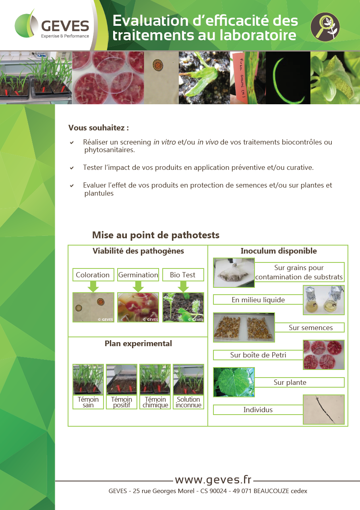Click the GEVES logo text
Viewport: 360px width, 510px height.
(65, 26)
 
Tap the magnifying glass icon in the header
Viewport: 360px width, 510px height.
(325, 27)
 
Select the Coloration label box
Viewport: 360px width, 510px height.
(93, 275)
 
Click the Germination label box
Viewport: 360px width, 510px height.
(138, 275)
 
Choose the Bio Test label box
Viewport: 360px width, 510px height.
(183, 275)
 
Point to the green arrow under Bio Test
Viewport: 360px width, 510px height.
(183, 287)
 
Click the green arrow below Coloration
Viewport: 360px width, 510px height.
(93, 287)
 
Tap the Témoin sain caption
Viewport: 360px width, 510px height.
(88, 402)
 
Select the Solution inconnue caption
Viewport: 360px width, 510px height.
(188, 402)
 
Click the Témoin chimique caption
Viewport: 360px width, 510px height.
(155, 402)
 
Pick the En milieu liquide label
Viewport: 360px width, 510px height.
(258, 299)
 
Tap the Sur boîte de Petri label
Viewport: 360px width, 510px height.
(258, 355)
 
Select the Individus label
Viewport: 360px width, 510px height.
(258, 410)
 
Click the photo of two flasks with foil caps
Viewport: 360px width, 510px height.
(324, 300)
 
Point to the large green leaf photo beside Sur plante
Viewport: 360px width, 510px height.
(234, 382)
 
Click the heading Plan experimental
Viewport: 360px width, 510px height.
(138, 344)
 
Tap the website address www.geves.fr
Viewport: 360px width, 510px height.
(213, 479)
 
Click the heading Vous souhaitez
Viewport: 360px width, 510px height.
(99, 128)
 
